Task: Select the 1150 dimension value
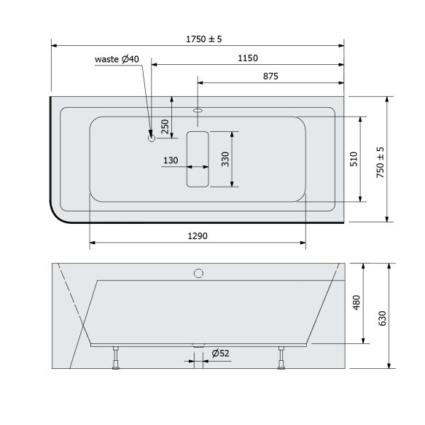point(248,58)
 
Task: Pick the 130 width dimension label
point(171,160)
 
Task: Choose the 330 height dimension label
point(226,159)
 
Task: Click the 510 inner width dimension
point(354,159)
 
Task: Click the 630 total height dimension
point(383,319)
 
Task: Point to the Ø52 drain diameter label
point(220,354)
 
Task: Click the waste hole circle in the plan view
point(152,137)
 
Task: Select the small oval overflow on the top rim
point(198,111)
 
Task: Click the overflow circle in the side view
point(198,273)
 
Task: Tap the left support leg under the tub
point(114,359)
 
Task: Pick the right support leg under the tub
point(281,359)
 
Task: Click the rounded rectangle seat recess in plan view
point(198,159)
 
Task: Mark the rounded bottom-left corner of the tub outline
point(58,214)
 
